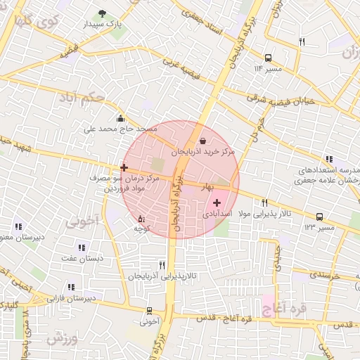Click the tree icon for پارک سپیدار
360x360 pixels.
tap(103, 13)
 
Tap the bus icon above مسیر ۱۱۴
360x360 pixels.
tap(268, 58)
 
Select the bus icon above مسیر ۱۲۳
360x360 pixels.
tap(319, 217)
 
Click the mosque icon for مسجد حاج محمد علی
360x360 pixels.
tap(121, 118)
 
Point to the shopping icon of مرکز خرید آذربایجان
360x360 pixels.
tap(203, 141)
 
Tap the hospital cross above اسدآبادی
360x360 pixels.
tap(217, 202)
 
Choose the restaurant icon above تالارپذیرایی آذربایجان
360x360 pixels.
tap(162, 265)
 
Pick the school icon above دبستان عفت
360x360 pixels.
tap(82, 247)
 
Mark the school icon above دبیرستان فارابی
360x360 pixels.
tap(70, 287)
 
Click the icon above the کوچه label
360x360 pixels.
tap(141, 218)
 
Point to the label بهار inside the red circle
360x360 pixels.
tap(207, 188)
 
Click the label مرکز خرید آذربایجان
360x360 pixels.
tap(202, 151)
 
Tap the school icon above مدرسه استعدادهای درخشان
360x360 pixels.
tap(328, 160)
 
